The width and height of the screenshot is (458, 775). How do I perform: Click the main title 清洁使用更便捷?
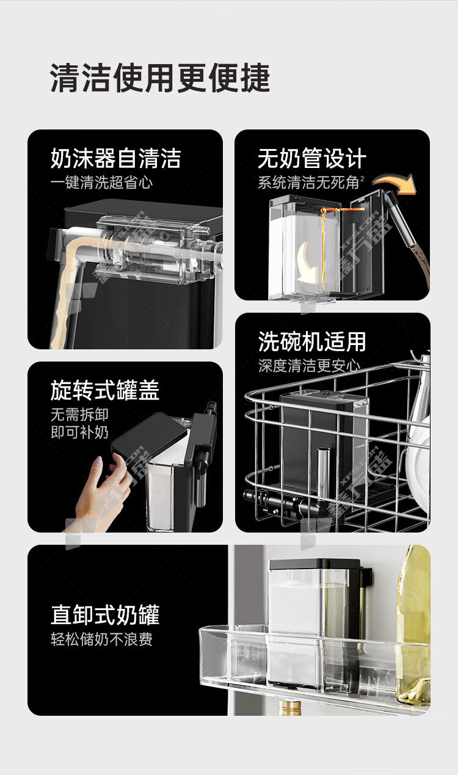(160, 78)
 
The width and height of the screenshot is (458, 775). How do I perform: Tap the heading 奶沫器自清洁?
(115, 158)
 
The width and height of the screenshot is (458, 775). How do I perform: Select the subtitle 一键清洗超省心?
(101, 183)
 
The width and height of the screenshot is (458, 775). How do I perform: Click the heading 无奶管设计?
(311, 158)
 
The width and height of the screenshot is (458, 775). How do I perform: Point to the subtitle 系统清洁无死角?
(308, 183)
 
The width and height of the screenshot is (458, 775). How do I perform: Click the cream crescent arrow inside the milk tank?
(307, 262)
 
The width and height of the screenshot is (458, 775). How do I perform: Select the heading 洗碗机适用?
(311, 341)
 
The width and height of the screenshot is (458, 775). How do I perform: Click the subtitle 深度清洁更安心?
(309, 366)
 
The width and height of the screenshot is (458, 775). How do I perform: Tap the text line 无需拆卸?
(79, 415)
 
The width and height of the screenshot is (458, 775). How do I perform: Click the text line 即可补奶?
(79, 432)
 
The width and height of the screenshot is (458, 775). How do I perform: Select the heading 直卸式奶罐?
(105, 615)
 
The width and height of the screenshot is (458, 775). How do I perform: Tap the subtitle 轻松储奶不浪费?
(101, 639)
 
